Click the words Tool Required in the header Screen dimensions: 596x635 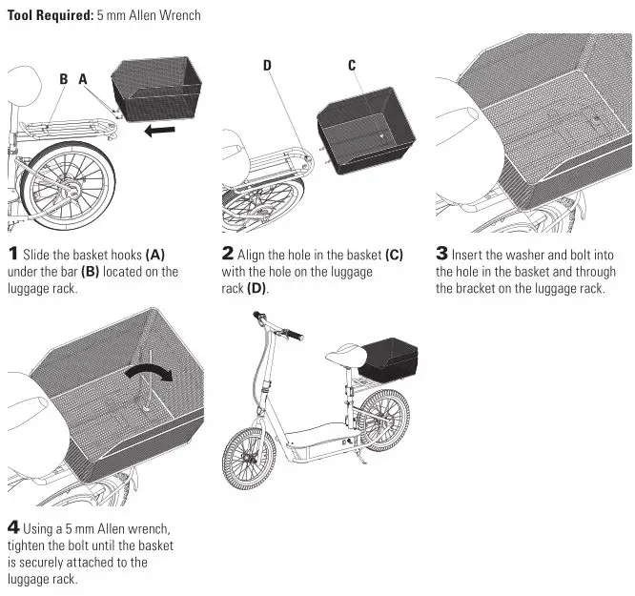(x=50, y=16)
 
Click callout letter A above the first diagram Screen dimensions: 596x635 (x=83, y=80)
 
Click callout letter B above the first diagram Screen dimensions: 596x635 (x=63, y=80)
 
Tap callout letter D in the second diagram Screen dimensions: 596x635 (x=268, y=65)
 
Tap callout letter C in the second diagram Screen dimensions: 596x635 (x=352, y=65)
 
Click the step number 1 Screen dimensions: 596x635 (x=13, y=254)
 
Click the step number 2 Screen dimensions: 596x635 (x=228, y=254)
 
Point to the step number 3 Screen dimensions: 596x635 (x=441, y=254)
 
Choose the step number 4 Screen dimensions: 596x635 (x=13, y=527)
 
